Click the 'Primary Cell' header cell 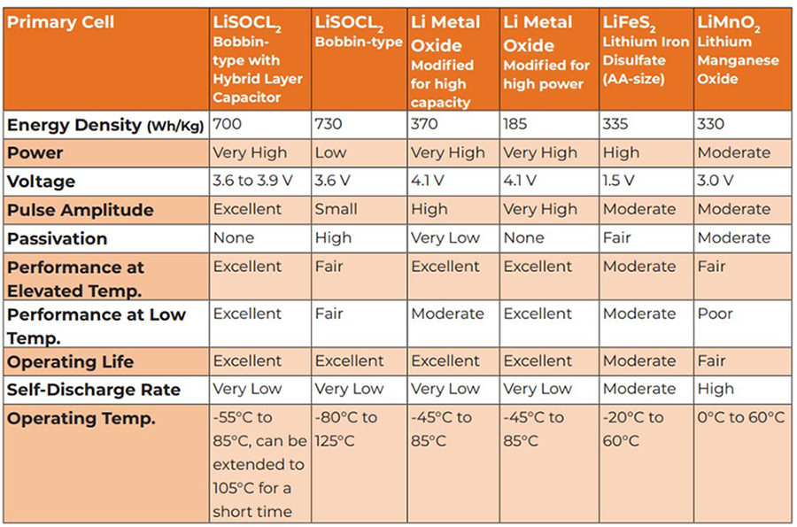point(60,22)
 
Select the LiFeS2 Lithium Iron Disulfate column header point(646,50)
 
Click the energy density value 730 point(329,124)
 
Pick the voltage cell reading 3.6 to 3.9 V point(249,181)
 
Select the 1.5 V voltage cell point(618,181)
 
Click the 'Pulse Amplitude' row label point(81,210)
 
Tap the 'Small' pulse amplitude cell point(337,209)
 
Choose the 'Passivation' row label point(58,238)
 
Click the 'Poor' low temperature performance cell point(715,314)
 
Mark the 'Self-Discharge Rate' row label point(94,390)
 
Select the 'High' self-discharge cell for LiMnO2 point(716,389)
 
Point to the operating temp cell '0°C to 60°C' point(741,418)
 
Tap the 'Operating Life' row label point(71,361)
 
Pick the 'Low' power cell point(331,152)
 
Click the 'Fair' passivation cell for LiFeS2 point(616,237)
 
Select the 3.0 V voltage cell point(716,181)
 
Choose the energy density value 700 point(228,124)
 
